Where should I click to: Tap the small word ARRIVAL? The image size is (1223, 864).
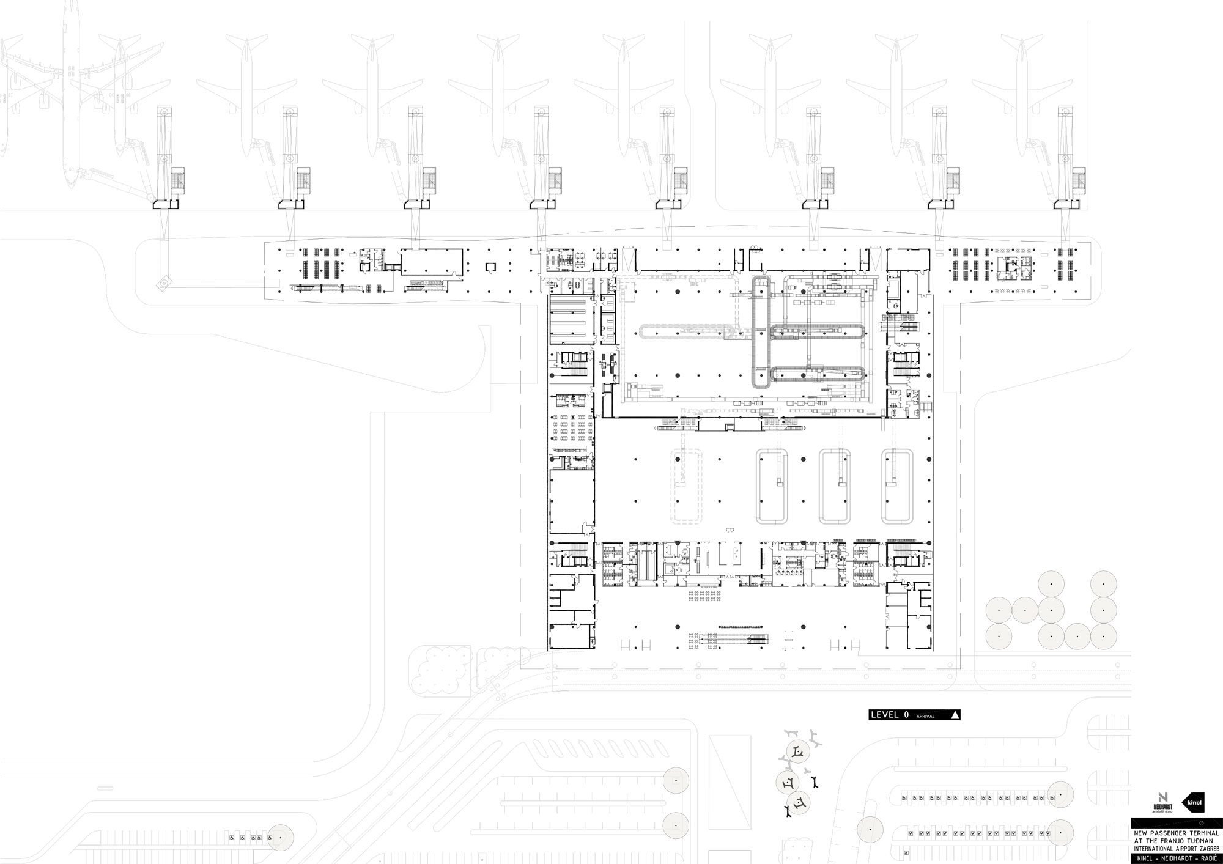[926, 716]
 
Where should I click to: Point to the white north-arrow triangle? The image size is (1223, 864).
[955, 715]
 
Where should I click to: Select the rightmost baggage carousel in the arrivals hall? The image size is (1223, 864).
[897, 486]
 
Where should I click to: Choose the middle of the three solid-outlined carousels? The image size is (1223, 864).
[835, 486]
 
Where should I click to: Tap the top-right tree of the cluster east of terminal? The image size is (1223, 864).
[1104, 584]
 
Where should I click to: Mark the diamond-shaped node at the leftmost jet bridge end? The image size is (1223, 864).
[163, 282]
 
